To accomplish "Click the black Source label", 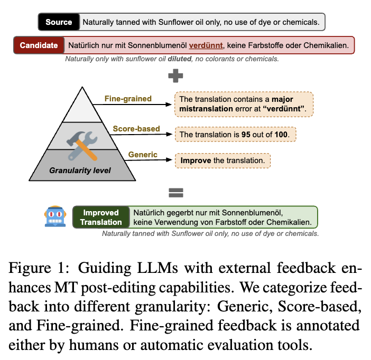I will point(59,22).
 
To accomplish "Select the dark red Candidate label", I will point(39,45).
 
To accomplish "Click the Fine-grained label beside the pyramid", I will point(128,99).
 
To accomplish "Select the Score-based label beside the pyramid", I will point(136,128).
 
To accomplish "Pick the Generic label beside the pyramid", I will point(143,155).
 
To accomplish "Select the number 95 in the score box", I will point(246,135).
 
